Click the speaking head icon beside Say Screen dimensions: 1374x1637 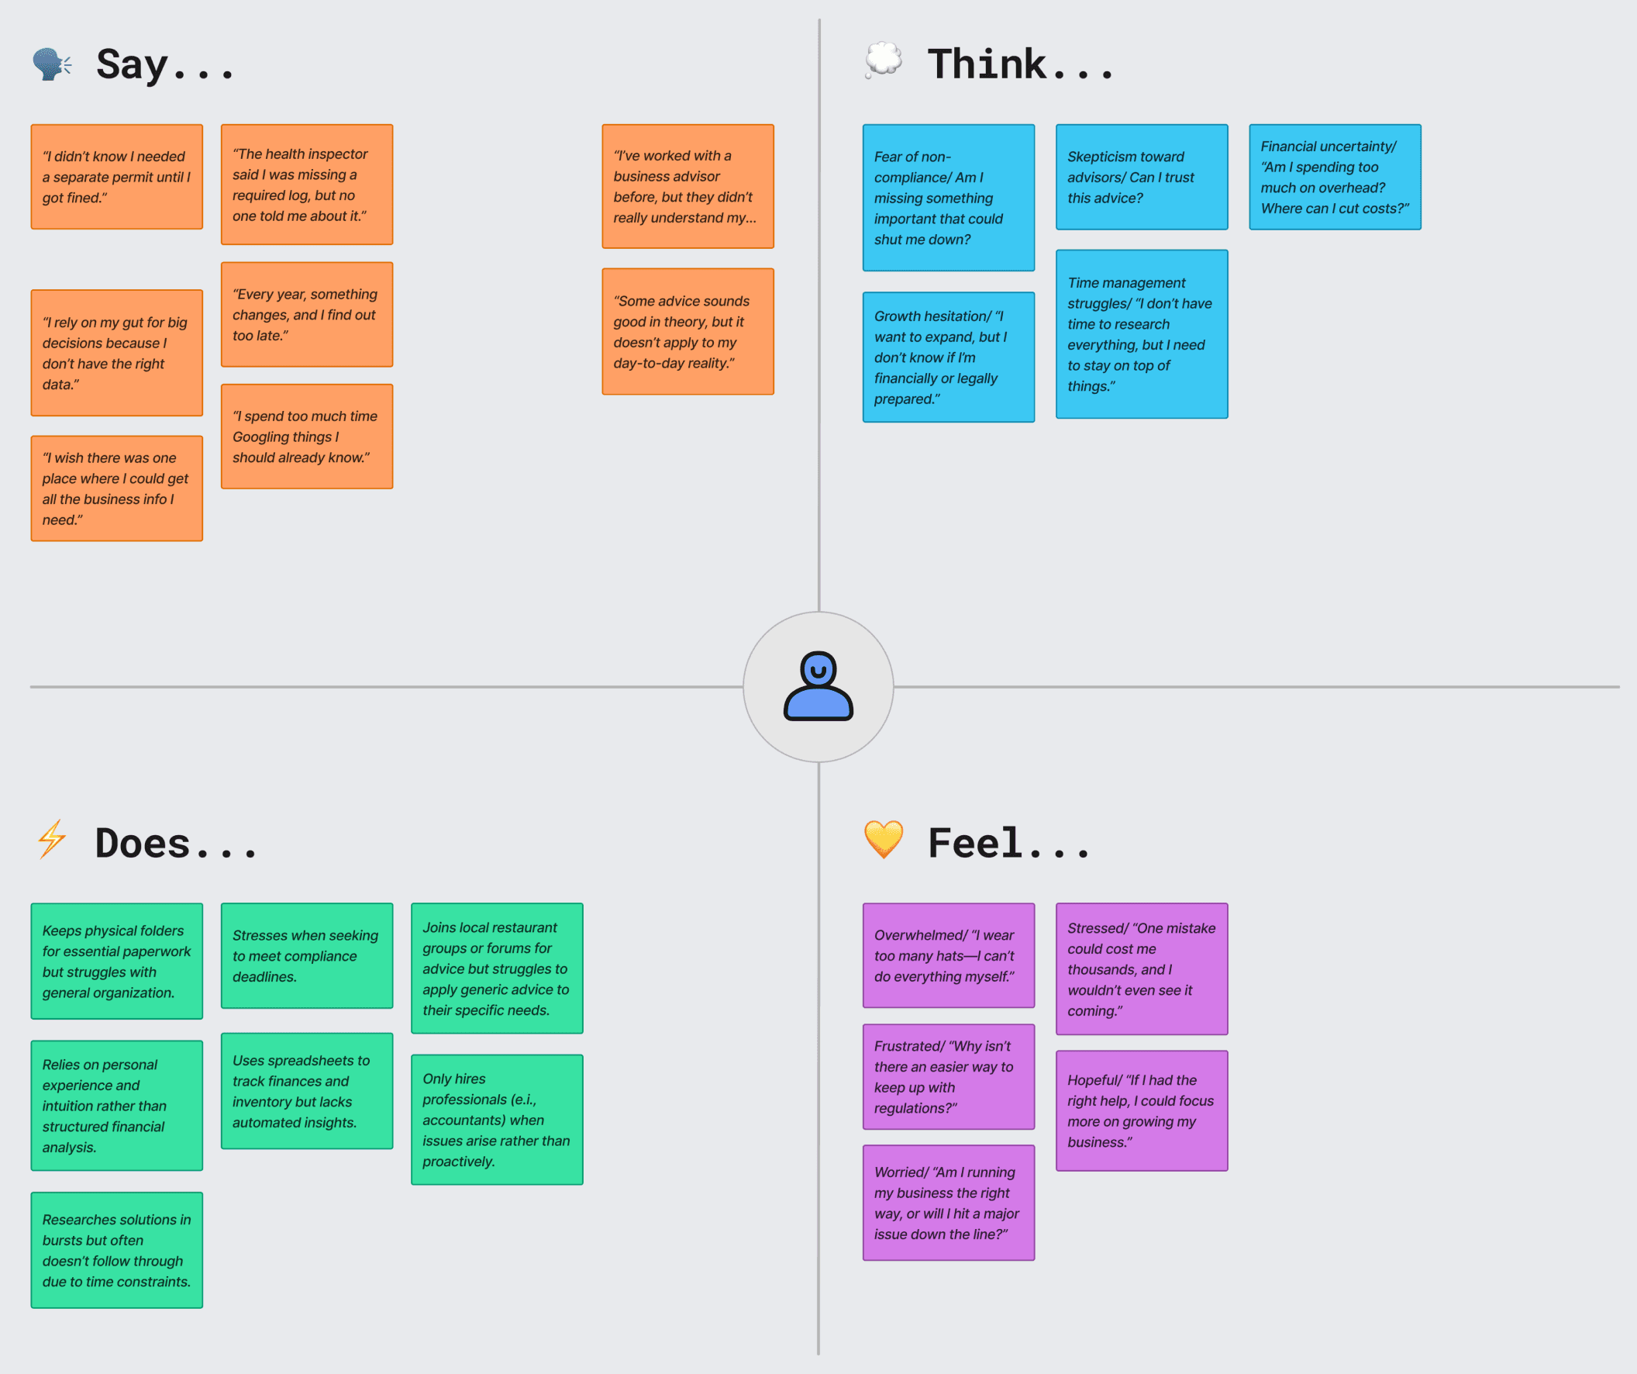[x=51, y=64]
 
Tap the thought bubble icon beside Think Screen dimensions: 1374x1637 [x=883, y=60]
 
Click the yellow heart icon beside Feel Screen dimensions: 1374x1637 [x=883, y=839]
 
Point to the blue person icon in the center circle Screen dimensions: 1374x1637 [x=818, y=686]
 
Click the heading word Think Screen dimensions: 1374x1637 [x=987, y=64]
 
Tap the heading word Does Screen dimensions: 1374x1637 [x=143, y=843]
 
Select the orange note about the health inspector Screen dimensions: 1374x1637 [x=306, y=184]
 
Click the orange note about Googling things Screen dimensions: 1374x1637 [x=306, y=437]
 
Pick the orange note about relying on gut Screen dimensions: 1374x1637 [x=116, y=353]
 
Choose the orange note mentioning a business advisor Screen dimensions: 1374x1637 [x=688, y=186]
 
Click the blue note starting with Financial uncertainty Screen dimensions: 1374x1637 [x=1335, y=177]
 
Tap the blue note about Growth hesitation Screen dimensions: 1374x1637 [x=948, y=357]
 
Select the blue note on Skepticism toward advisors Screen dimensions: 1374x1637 [x=1141, y=177]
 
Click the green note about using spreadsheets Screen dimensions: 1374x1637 [x=306, y=1090]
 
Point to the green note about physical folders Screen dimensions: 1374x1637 [x=116, y=961]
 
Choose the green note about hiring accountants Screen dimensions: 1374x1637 [x=497, y=1119]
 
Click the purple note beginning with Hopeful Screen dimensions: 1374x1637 [x=1141, y=1110]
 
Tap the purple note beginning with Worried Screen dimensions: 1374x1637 [x=948, y=1203]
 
